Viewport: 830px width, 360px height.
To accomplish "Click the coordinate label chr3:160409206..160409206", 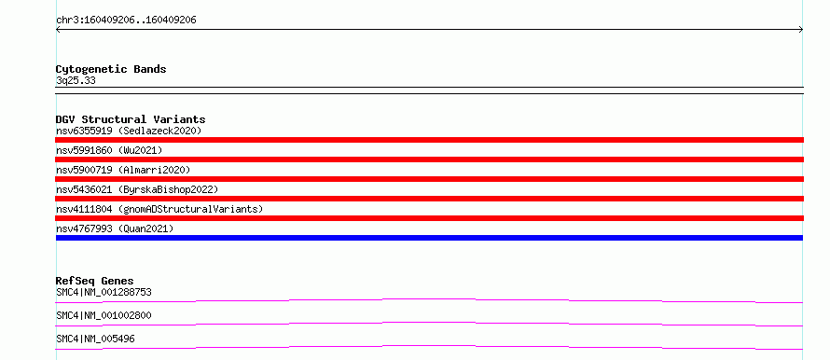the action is point(126,21).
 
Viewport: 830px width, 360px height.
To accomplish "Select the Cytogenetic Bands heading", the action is point(111,69).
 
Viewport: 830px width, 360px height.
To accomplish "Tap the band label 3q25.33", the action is point(76,81).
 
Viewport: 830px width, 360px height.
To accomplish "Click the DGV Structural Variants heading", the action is point(131,119).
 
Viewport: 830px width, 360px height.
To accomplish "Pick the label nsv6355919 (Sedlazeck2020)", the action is point(129,131).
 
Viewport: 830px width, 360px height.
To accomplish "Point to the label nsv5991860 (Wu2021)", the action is point(109,150).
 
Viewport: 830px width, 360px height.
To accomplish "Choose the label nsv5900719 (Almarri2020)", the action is point(123,170).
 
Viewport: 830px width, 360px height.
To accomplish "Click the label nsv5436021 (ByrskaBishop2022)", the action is point(137,189).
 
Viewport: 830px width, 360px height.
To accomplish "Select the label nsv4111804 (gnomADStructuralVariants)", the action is point(159,209).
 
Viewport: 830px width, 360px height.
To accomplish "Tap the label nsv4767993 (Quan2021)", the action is point(115,228).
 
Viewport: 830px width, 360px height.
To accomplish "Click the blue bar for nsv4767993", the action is point(429,238).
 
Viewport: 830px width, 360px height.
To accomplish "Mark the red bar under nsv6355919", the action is point(429,140).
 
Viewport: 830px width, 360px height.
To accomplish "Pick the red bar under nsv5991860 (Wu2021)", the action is point(429,159).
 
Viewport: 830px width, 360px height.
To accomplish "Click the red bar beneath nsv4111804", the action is point(429,218).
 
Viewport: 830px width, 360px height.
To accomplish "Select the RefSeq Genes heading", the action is point(95,281).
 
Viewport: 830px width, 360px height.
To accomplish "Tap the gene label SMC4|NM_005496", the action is point(95,339).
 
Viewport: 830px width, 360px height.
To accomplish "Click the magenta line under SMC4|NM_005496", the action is point(429,346).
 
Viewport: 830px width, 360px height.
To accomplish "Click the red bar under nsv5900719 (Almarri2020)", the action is point(429,179).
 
